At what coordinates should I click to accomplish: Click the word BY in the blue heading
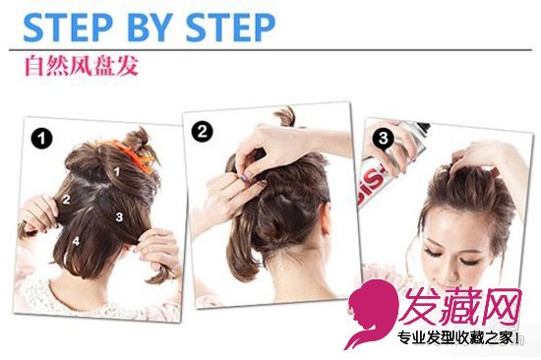point(150,28)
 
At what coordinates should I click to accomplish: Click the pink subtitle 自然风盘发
point(82,66)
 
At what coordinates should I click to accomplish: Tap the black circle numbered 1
point(41,139)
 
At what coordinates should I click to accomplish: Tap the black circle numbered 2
point(203,131)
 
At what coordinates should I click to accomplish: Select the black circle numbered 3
point(383,139)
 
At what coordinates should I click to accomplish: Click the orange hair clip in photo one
point(133,155)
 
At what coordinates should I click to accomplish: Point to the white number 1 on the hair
point(117,171)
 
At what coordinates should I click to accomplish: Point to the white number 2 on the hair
point(66,199)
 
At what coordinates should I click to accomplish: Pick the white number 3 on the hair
point(119,216)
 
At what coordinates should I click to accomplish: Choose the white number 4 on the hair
point(76,241)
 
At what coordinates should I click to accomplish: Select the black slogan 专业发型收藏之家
point(458,337)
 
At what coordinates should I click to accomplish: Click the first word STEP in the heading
point(68,28)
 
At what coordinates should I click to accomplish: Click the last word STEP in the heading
point(230,28)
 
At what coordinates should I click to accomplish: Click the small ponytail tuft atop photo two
point(285,117)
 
